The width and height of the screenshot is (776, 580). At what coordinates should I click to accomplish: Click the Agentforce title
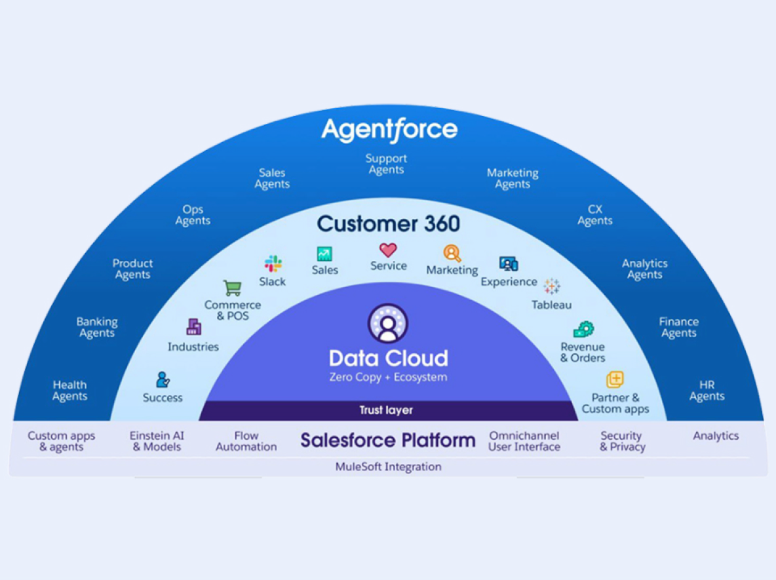[x=389, y=129]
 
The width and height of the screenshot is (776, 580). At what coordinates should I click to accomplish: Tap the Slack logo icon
[x=273, y=264]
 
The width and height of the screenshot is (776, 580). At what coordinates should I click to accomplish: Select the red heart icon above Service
[x=388, y=250]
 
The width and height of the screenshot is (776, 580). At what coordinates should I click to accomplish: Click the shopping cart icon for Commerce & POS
[x=232, y=288]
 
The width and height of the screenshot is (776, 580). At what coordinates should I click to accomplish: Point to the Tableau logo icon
[x=552, y=286]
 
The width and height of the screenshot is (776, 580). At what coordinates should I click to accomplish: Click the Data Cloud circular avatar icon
[x=388, y=323]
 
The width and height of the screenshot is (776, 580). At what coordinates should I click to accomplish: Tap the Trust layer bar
[x=387, y=411]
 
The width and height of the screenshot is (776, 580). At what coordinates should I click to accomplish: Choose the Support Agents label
[x=386, y=164]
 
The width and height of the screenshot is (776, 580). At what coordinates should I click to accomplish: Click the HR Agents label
[x=707, y=391]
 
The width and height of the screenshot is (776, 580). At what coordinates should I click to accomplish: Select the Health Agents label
[x=69, y=391]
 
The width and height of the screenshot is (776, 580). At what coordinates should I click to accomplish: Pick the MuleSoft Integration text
[x=388, y=467]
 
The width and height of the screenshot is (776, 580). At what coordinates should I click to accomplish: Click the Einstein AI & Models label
[x=157, y=441]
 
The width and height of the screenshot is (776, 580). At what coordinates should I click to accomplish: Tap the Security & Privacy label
[x=621, y=441]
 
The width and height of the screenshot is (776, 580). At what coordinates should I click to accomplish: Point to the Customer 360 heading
[x=389, y=223]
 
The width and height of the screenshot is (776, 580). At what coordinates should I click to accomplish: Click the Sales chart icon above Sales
[x=324, y=254]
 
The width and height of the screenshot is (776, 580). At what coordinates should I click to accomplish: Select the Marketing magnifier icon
[x=452, y=253]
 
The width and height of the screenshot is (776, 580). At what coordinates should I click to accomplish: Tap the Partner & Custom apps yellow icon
[x=615, y=379]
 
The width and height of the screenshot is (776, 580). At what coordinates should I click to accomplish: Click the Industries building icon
[x=193, y=326]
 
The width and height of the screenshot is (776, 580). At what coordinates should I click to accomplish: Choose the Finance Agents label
[x=678, y=327]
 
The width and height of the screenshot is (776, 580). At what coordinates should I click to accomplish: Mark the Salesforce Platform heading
[x=388, y=440]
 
